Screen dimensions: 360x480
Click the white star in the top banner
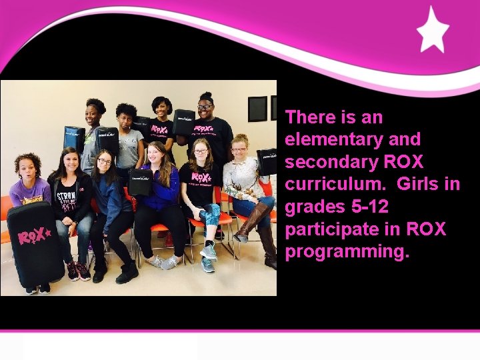coord(433,29)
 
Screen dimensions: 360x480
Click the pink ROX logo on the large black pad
coord(34,237)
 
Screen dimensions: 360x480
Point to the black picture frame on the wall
coord(257,108)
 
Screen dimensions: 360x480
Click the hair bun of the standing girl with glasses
coord(207,96)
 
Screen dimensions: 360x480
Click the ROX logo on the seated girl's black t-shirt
coord(201,177)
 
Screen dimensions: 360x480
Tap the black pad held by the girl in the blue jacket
coord(141,181)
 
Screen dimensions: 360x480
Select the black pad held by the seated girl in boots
coord(268,162)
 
